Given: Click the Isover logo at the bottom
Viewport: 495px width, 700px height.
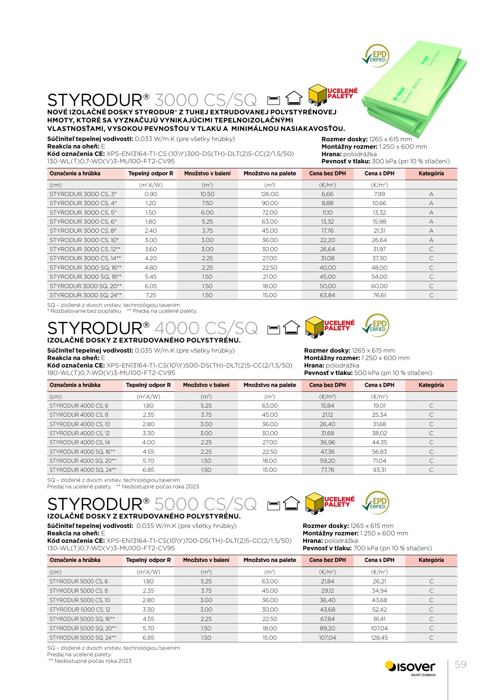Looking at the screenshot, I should click(x=410, y=668).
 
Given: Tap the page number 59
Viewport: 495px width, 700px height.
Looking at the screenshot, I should click(x=460, y=665).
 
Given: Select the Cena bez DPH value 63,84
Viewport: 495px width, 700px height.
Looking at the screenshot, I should click(x=327, y=295).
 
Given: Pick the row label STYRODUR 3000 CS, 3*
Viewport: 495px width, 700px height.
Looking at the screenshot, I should click(x=83, y=194).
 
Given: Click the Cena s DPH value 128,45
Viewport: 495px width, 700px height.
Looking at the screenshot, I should click(x=379, y=638).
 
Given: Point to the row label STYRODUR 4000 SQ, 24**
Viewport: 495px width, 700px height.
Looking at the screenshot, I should click(x=83, y=470).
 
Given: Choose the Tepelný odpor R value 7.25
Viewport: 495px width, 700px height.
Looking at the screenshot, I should click(x=151, y=295).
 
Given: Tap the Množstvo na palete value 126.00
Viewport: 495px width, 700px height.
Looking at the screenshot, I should click(x=270, y=194).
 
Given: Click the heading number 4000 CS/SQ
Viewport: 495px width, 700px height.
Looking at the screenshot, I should click(x=206, y=328).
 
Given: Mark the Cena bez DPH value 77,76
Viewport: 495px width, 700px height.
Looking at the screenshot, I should click(x=327, y=470).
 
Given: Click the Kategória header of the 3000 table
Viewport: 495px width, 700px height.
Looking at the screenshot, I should click(x=431, y=174).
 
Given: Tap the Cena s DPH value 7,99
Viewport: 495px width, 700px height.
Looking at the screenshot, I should click(x=379, y=194).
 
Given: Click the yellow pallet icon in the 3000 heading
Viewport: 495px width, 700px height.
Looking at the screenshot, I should click(x=317, y=95).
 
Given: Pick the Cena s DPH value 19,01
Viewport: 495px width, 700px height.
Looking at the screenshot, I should click(x=379, y=406).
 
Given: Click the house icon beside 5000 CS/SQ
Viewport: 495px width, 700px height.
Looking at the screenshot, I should click(x=291, y=504).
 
